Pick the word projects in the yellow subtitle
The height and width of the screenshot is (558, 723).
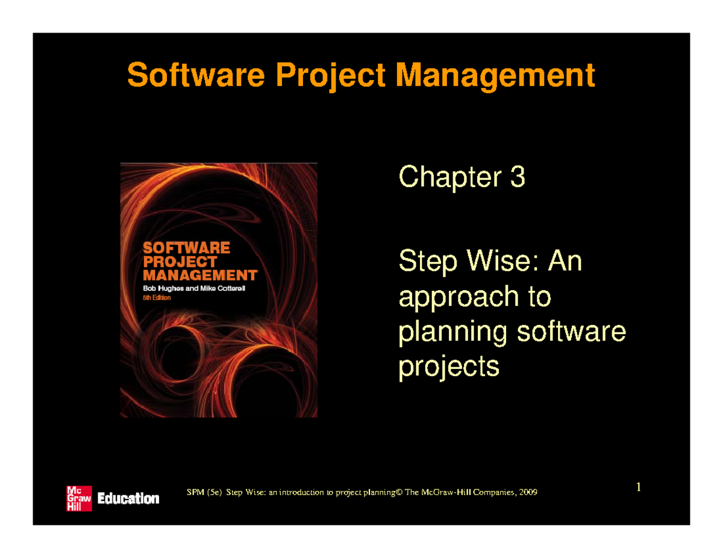449,367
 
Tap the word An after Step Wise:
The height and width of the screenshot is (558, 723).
566,263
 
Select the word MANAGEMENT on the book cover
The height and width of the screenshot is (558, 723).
199,276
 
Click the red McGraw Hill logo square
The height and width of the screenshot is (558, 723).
78,498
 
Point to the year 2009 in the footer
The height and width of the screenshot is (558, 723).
527,493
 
